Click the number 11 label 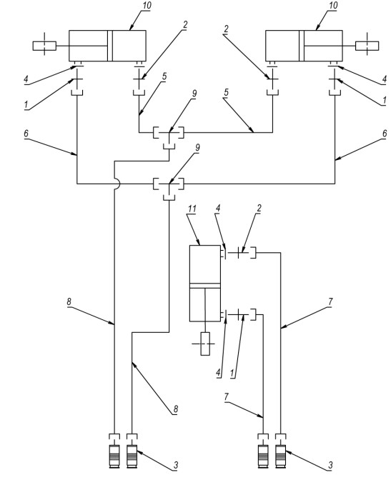[192, 209]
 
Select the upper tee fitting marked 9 [169, 136]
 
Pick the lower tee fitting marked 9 [169, 188]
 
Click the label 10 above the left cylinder [147, 6]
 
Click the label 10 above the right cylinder [333, 6]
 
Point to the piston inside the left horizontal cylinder [110, 46]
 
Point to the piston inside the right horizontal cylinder [302, 46]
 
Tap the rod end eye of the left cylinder [44, 46]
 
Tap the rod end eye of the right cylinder [367, 46]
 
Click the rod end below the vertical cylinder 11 [205, 344]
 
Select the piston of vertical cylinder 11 [205, 286]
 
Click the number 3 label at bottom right [330, 465]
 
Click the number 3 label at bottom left [176, 465]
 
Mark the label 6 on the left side [26, 134]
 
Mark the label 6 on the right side [385, 134]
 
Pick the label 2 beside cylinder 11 [259, 208]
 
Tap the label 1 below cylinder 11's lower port [232, 373]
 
